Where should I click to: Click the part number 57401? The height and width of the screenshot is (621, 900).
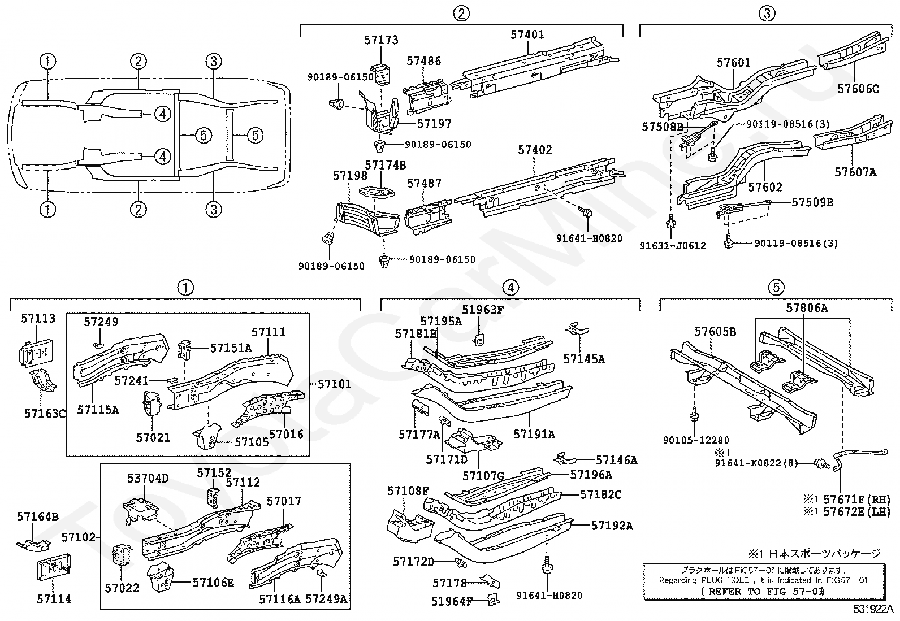click(x=527, y=34)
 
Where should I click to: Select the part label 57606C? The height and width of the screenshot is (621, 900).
click(x=858, y=89)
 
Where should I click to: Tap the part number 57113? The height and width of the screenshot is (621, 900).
click(x=38, y=319)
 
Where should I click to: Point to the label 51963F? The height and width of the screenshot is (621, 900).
click(x=483, y=310)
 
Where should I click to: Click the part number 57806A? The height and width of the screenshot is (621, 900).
click(x=807, y=308)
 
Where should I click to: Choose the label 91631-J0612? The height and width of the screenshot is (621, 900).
click(x=673, y=246)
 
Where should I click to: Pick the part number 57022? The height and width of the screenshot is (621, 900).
click(x=122, y=588)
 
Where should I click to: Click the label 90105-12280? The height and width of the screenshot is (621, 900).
click(x=696, y=440)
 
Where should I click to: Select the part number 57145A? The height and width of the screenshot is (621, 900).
click(x=584, y=359)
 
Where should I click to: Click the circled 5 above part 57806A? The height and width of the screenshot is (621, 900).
click(x=776, y=287)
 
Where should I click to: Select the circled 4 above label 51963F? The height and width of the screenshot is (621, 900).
click(x=510, y=287)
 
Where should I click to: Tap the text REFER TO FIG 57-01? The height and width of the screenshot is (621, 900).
click(x=763, y=592)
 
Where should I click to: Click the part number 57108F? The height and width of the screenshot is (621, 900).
click(x=408, y=491)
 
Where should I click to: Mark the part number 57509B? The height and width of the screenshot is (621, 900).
click(x=812, y=202)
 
